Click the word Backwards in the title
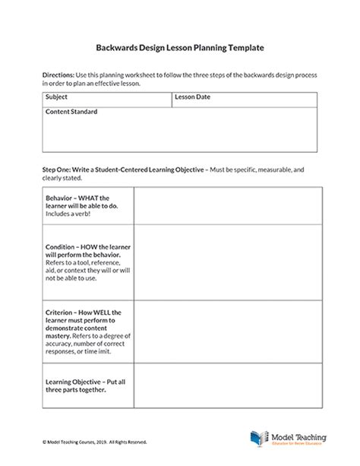(122, 47)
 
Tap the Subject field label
(56, 97)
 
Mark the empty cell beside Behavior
(226, 208)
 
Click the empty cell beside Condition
(226, 265)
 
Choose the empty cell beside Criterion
(226, 334)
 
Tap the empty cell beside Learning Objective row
(226, 388)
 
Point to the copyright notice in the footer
(85, 441)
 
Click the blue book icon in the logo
(258, 439)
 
